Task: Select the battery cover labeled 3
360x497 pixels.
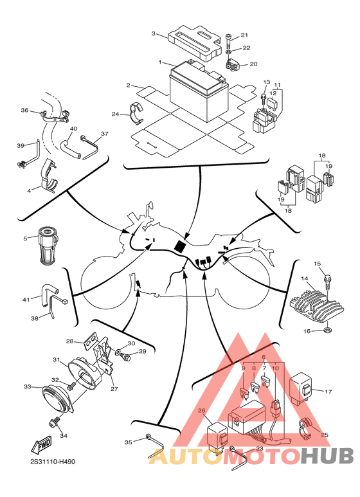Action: tap(194, 43)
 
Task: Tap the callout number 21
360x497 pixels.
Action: tap(244, 35)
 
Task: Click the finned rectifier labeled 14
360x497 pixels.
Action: tap(318, 307)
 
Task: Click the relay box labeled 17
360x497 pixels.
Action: tap(301, 389)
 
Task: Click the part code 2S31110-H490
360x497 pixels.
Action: tap(53, 462)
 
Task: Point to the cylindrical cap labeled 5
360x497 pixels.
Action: tap(48, 246)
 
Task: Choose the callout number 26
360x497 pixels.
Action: tap(202, 411)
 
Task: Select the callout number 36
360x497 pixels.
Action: tap(24, 111)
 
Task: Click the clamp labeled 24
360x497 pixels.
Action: tap(136, 113)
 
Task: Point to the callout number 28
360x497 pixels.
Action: tap(69, 341)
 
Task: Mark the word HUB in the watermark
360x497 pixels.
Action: tap(327, 456)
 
